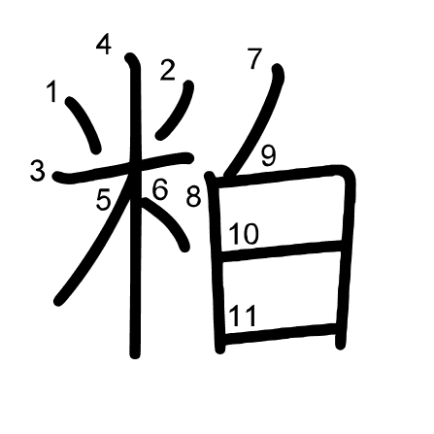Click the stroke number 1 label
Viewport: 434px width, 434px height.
(51, 91)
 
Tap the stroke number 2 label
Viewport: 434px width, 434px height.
(168, 70)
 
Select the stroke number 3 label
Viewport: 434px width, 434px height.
(38, 171)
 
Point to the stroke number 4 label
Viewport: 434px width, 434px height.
(104, 46)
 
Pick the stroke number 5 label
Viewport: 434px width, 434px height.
(104, 200)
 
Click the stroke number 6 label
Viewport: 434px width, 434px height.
(160, 189)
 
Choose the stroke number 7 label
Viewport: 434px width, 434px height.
(254, 58)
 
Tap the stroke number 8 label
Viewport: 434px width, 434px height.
(193, 197)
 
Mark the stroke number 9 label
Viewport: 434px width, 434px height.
(269, 155)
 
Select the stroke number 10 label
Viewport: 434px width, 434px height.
(244, 234)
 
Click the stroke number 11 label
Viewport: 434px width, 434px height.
(243, 317)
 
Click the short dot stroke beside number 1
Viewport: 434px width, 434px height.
(84, 124)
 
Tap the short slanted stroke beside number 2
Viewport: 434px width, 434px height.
(177, 110)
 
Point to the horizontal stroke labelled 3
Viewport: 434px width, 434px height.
(123, 168)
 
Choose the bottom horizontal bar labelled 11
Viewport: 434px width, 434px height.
(280, 333)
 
